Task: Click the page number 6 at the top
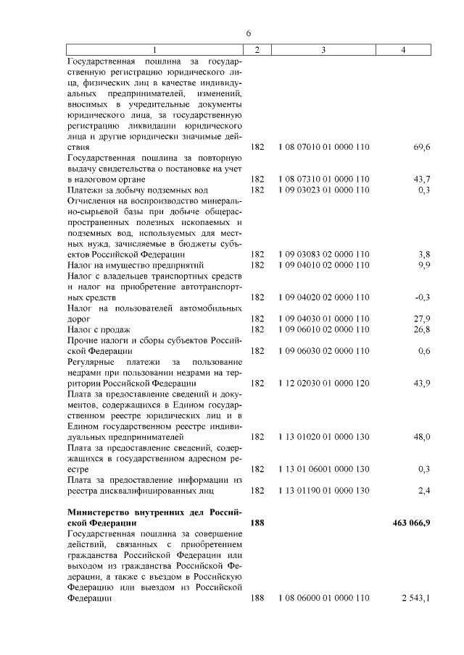pos(248,33)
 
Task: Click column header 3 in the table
pos(323,48)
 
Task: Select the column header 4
pos(404,48)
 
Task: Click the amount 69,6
pos(422,147)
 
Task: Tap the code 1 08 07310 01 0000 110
pos(323,179)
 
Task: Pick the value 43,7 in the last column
pos(422,179)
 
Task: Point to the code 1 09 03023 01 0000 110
pos(323,190)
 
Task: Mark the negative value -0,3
pos(423,297)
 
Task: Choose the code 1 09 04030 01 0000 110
pos(323,318)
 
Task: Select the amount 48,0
pos(422,436)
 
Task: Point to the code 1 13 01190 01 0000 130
pos(323,490)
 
